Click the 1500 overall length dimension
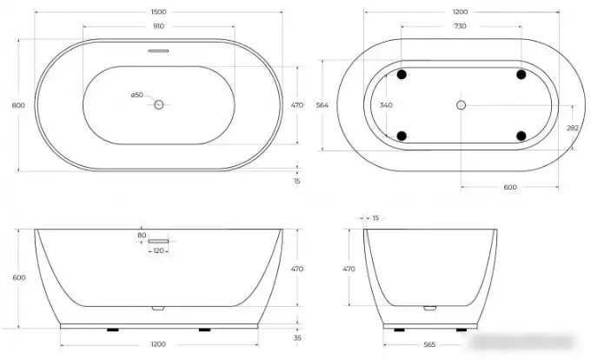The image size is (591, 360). pos(158,12)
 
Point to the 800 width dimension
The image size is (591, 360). pos(16,104)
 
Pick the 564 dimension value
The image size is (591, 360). pos(321,105)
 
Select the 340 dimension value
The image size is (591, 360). pos(387,105)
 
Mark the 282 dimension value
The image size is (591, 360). pos(573,127)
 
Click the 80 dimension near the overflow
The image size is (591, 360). pos(142,234)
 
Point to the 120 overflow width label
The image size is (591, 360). pos(158,250)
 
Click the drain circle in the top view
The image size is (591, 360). pos(158,104)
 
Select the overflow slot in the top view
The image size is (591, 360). pos(158,51)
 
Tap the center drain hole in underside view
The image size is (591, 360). pos(461,105)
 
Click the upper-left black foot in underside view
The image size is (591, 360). pos(402,75)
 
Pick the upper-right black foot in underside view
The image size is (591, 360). pos(521,75)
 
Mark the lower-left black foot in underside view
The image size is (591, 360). pos(402,135)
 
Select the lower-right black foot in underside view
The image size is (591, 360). pos(521,135)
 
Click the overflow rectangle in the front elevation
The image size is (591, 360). pos(158,240)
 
